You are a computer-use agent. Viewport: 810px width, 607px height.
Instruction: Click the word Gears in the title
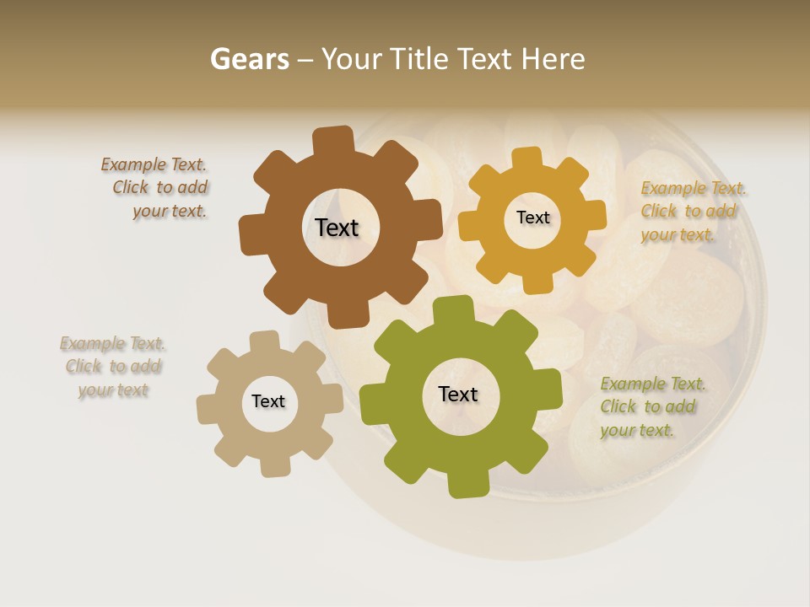pos(249,59)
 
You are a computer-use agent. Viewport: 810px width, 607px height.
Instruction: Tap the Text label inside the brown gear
pos(337,228)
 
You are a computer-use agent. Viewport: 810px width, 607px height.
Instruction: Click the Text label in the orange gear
pos(532,218)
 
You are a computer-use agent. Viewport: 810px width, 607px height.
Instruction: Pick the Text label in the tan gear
pos(268,401)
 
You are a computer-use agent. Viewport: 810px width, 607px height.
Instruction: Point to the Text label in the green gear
pos(458,394)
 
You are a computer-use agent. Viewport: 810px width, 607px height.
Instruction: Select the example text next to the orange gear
pos(693,211)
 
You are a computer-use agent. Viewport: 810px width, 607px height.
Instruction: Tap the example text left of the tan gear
pos(113,367)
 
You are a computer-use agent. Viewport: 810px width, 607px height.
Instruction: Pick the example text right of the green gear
pos(652,406)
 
